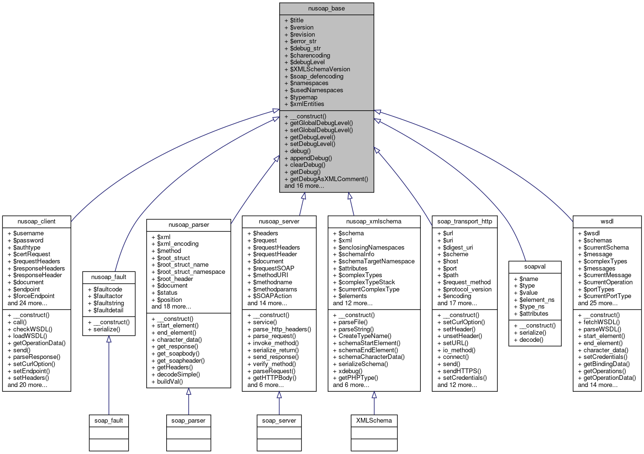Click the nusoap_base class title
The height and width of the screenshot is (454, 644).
coord(326,9)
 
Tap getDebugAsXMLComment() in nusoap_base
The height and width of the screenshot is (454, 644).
coord(329,179)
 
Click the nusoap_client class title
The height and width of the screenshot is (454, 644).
coord(37,222)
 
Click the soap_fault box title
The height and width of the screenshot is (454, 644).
coord(109,421)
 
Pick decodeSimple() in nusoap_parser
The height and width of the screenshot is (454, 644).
coord(178,375)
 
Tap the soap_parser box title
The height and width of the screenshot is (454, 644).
coord(189,421)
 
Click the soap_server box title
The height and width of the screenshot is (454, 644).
coord(279,421)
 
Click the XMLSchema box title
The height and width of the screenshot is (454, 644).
coord(374,421)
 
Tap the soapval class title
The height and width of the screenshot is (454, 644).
coord(535,267)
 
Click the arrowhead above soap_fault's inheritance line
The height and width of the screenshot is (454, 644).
coord(109,339)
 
